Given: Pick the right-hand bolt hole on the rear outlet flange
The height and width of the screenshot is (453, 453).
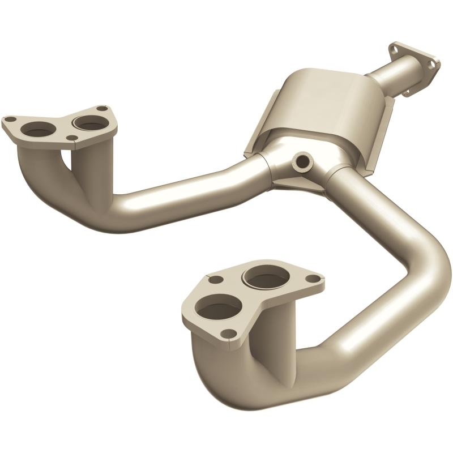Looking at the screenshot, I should coord(431,65).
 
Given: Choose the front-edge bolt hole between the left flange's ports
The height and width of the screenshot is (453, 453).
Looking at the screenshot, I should coord(70,138).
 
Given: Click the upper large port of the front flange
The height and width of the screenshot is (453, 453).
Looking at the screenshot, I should coord(262,277).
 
